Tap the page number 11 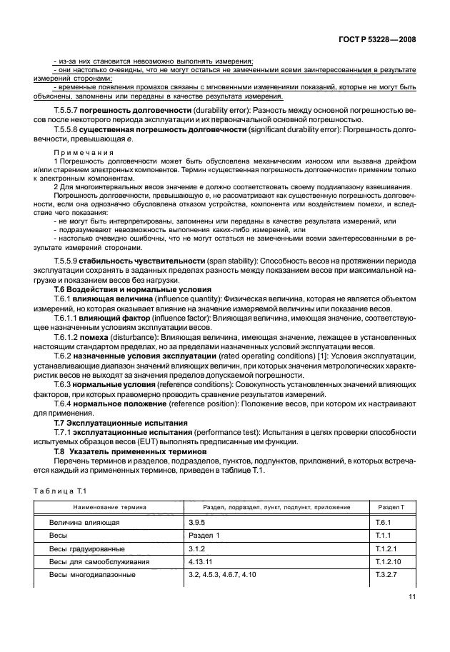(411, 598)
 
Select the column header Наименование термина (98, 507)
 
